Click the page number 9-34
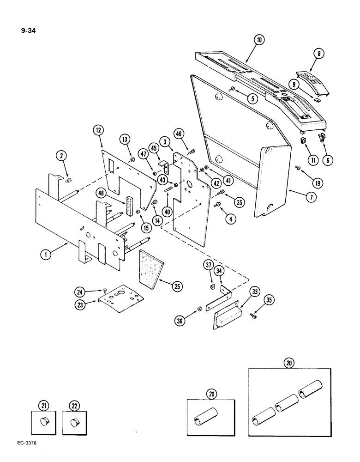[x=29, y=32]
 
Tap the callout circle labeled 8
[x=318, y=54]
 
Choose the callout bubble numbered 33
[x=254, y=292]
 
